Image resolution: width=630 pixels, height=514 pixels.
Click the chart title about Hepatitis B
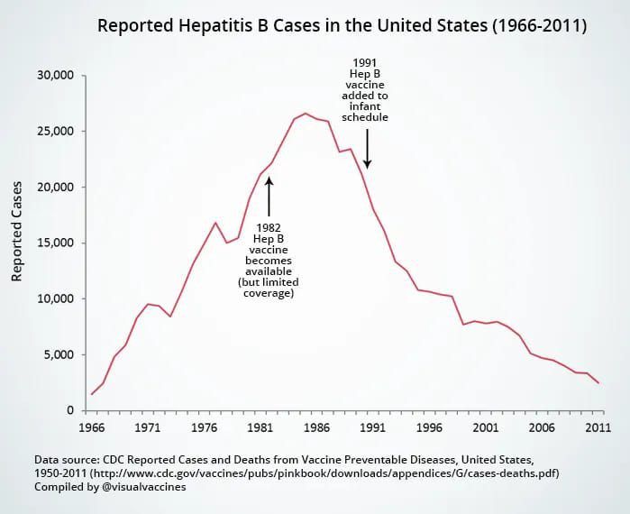pyautogui.click(x=342, y=27)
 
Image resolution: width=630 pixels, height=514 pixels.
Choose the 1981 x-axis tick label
pyautogui.click(x=260, y=428)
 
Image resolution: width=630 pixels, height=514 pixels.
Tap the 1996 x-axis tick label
pyautogui.click(x=429, y=428)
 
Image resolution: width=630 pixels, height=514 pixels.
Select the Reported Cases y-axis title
pyautogui.click(x=17, y=231)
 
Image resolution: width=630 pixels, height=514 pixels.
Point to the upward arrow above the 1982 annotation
pyautogui.click(x=269, y=194)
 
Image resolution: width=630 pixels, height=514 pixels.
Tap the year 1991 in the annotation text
pyautogui.click(x=365, y=63)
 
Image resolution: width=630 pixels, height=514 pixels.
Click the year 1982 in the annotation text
pyautogui.click(x=269, y=227)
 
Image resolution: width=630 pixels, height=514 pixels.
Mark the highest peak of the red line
pyautogui.click(x=306, y=114)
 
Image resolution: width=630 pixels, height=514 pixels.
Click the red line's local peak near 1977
pyautogui.click(x=215, y=223)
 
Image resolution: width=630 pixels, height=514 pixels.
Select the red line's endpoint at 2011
pyautogui.click(x=598, y=383)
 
